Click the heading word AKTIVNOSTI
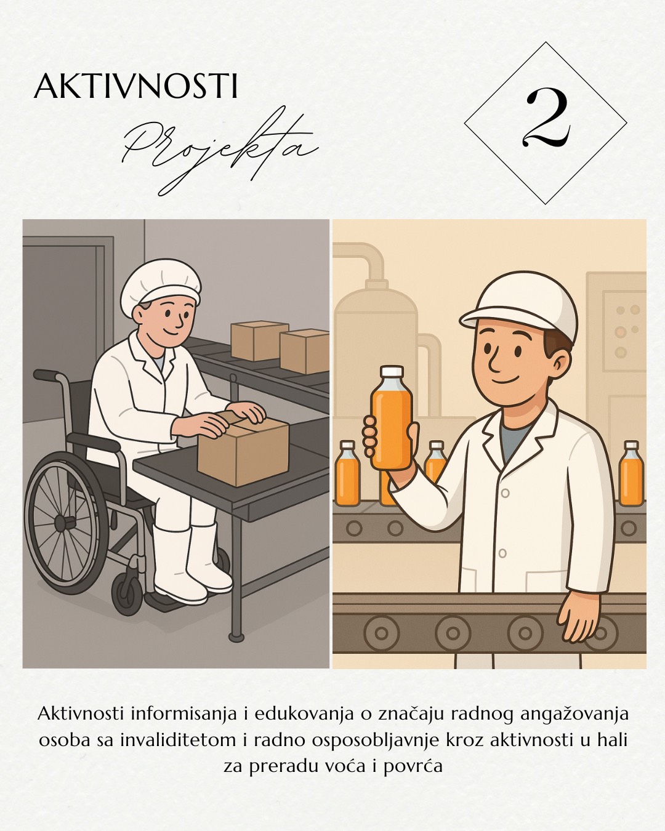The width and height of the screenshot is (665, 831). click(x=135, y=86)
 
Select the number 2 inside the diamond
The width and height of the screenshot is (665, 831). click(x=546, y=122)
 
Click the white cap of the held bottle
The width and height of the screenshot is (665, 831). click(x=392, y=371)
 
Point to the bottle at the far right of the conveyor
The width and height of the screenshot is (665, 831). click(x=631, y=473)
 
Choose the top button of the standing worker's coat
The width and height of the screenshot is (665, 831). click(x=506, y=493)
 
